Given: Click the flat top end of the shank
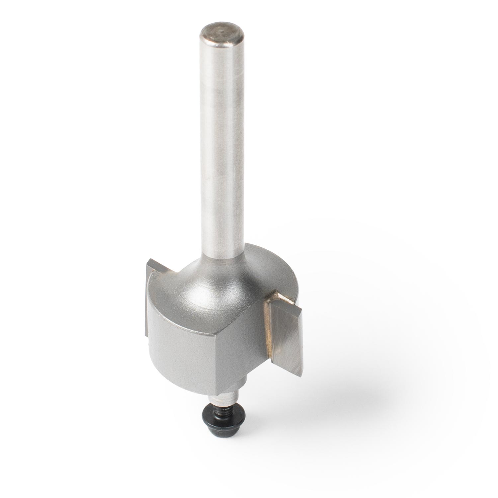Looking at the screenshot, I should pos(222,34).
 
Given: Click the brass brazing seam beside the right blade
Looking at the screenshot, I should pos(268,325).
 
